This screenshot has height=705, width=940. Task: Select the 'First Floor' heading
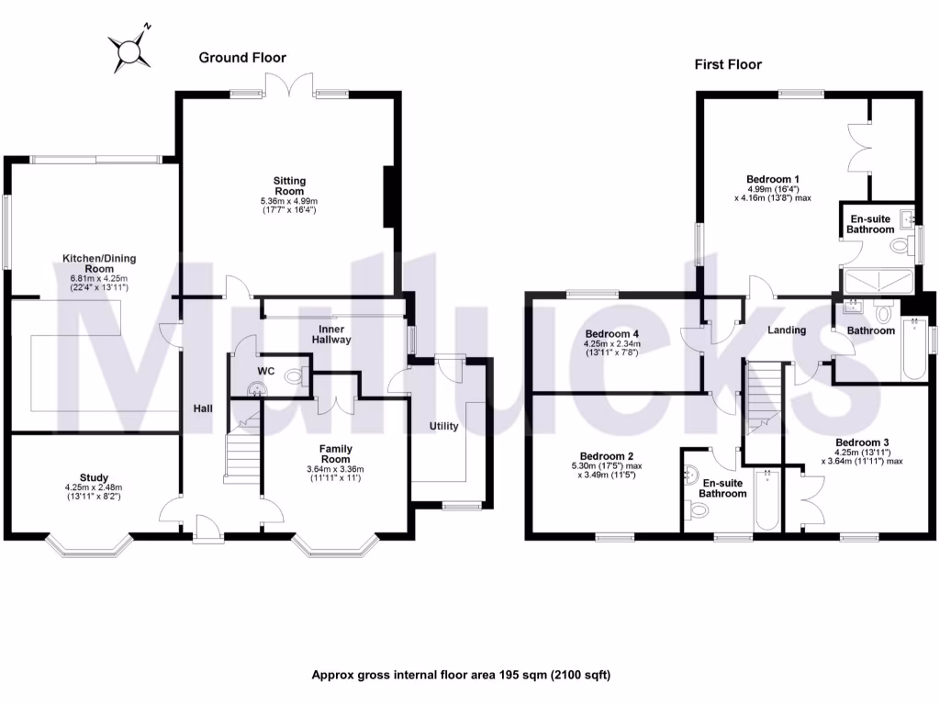727,64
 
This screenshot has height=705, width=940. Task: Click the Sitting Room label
289,186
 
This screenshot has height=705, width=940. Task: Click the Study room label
94,477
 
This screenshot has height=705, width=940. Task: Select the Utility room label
443,426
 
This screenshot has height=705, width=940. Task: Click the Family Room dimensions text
335,474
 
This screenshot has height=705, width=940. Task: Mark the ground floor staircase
242,454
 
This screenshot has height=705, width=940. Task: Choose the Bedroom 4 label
611,333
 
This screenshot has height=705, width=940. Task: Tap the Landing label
787,330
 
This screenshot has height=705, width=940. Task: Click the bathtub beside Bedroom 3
766,501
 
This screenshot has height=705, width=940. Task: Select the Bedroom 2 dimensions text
606,469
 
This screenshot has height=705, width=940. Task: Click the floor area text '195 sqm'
522,675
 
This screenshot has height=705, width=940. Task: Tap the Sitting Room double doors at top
288,87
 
